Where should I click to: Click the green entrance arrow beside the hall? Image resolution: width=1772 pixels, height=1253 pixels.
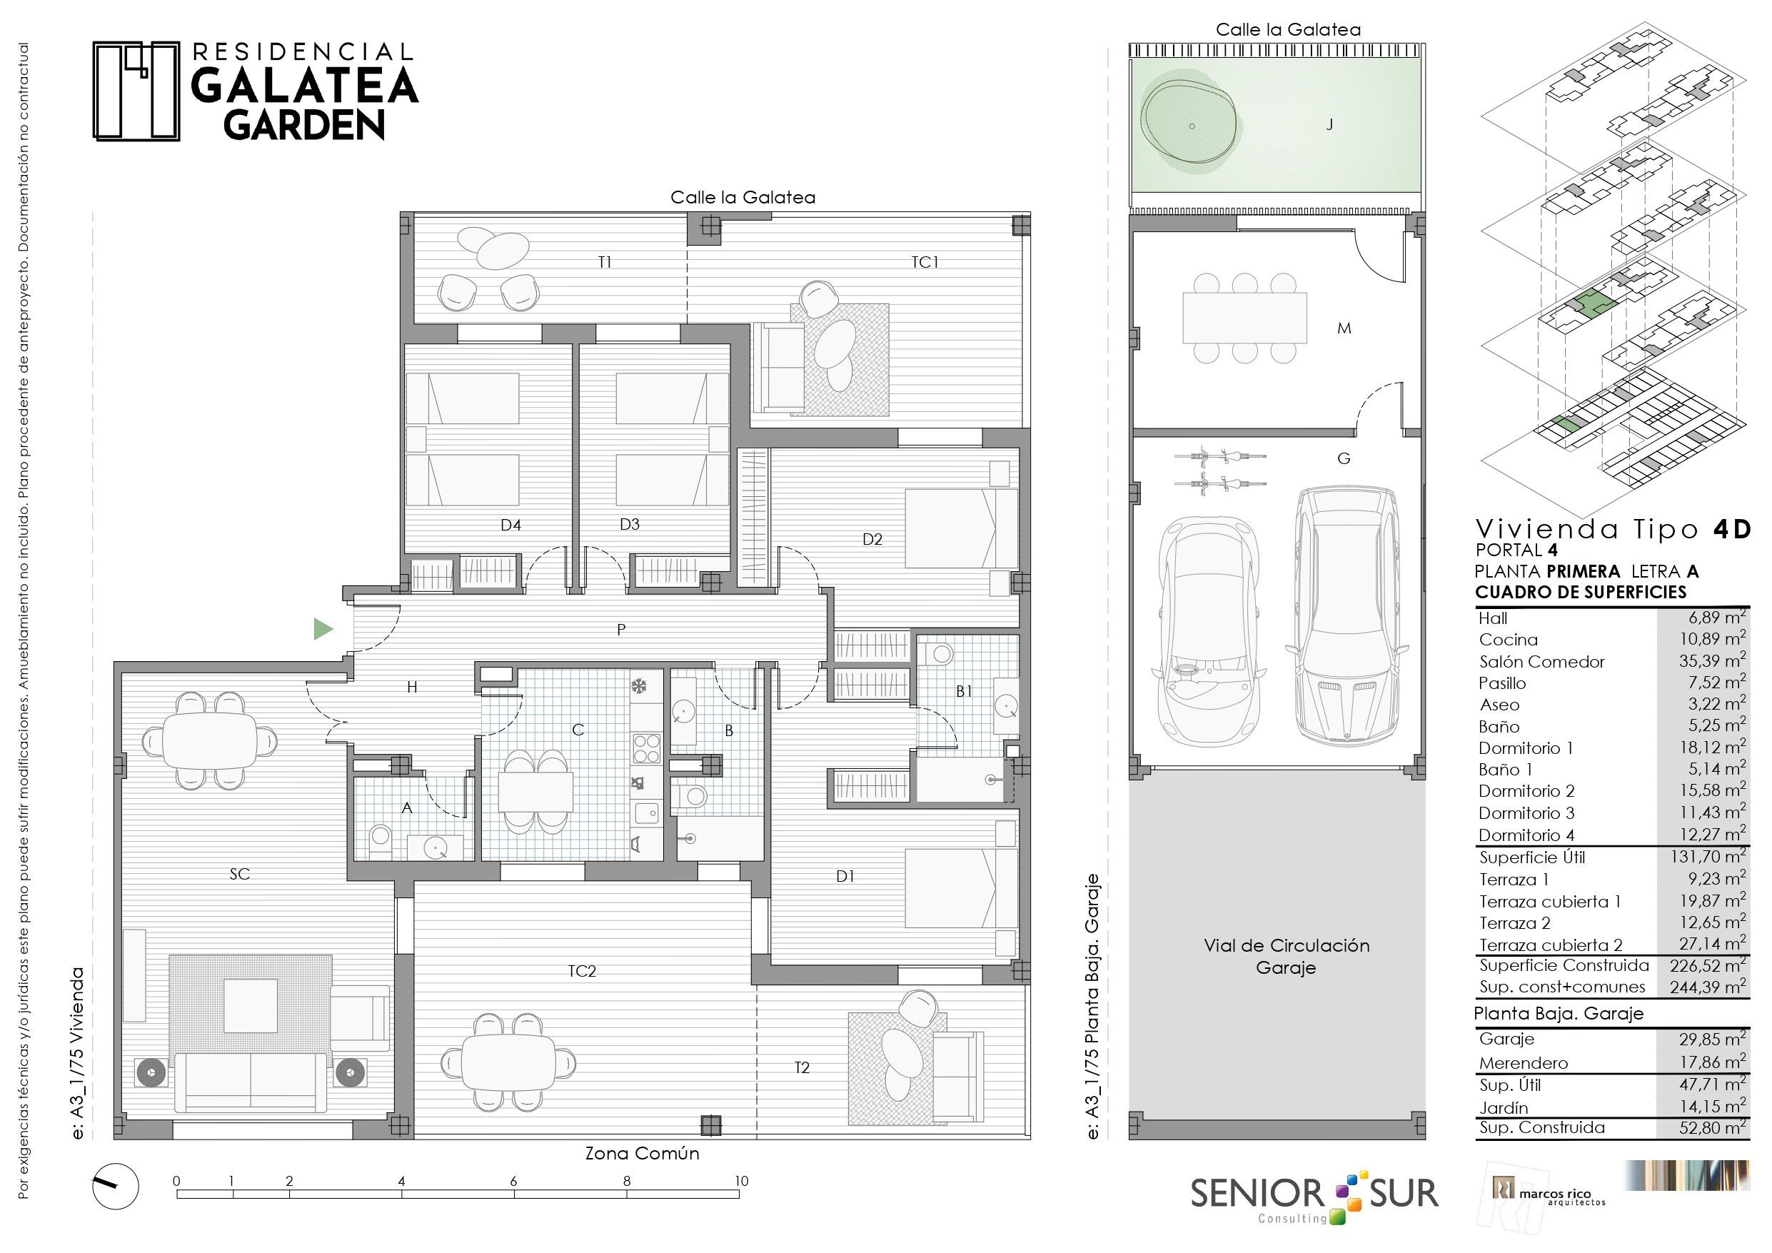(323, 629)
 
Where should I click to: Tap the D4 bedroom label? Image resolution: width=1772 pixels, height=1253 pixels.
(511, 525)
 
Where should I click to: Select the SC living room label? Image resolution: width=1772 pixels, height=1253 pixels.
(239, 873)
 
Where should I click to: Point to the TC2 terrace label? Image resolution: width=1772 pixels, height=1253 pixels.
(582, 970)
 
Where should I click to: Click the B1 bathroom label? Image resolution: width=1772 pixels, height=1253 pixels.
(964, 691)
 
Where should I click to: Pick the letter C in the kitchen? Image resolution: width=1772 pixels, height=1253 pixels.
(578, 730)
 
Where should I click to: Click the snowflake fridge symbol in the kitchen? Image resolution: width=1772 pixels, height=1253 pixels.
(639, 686)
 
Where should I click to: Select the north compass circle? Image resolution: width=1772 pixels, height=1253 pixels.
(116, 1186)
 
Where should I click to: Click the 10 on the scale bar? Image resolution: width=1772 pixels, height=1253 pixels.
(741, 1180)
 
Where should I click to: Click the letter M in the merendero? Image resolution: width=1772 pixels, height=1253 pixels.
(1344, 328)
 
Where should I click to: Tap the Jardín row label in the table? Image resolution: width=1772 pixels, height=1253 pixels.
(1504, 1107)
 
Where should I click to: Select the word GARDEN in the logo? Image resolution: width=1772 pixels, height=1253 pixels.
(305, 124)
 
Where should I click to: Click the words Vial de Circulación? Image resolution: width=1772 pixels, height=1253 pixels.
(1287, 945)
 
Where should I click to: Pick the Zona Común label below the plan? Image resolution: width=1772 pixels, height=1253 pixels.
(642, 1154)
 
